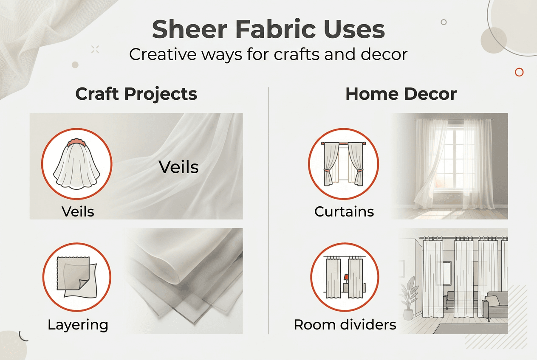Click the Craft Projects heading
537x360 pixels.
point(136,94)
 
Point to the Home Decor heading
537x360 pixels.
point(401,94)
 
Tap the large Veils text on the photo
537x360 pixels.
point(178,167)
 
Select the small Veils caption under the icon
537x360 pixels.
point(77,211)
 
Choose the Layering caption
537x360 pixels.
point(78,325)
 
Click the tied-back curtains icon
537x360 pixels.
point(343,164)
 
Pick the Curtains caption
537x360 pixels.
point(344,211)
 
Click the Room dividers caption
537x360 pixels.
point(345,325)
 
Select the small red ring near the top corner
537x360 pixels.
point(519,72)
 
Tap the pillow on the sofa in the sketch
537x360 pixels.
point(493,300)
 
